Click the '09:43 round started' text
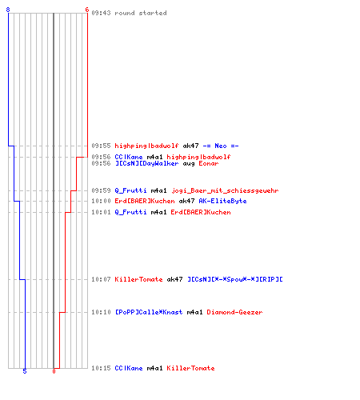[x=129, y=13]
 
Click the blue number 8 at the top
[x=8, y=10]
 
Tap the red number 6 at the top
[x=87, y=10]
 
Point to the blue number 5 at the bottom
[x=25, y=371]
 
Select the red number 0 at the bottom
[x=54, y=371]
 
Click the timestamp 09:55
[x=101, y=146]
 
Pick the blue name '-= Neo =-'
[x=221, y=146]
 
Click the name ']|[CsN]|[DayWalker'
[x=146, y=163]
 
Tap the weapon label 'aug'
[x=189, y=164]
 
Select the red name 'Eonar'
[x=209, y=163]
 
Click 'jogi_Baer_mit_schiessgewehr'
[x=225, y=190]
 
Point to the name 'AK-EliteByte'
[x=222, y=201]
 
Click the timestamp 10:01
[x=101, y=212]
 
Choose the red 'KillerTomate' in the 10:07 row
[x=138, y=279]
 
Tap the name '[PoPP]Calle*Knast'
[x=149, y=312]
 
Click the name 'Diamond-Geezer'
[x=234, y=312]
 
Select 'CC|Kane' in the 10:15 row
[x=129, y=368]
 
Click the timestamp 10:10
[x=101, y=312]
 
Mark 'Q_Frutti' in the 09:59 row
[x=130, y=190]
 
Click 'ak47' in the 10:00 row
[x=186, y=201]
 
